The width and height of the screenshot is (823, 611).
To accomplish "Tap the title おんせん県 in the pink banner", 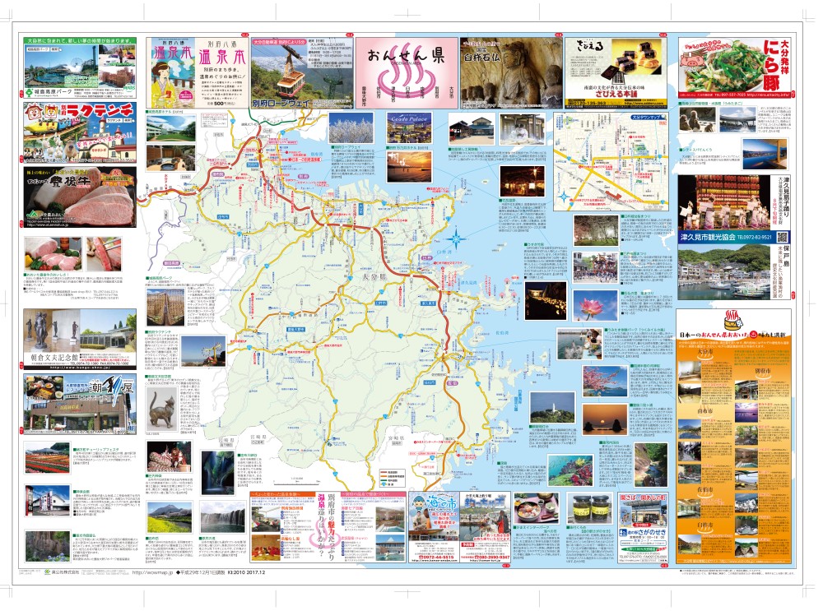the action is coord(406,59).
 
